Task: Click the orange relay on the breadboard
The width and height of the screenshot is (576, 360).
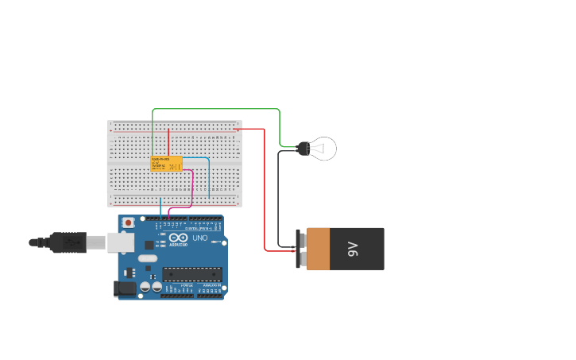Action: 166,163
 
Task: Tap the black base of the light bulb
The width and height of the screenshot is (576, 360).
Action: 303,148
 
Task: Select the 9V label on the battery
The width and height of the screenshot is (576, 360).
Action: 353,249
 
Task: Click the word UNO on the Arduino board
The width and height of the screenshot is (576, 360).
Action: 199,238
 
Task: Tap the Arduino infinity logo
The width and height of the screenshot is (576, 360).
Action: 178,238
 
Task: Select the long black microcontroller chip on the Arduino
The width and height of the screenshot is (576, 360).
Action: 192,274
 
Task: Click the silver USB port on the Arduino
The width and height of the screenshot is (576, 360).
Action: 122,242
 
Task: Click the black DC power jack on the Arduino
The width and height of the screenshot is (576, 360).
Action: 124,288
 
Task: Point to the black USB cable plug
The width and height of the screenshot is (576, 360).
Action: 68,242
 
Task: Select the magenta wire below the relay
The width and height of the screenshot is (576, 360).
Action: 192,191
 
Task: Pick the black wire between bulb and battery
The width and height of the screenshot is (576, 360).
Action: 278,199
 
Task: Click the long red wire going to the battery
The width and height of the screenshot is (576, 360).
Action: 265,191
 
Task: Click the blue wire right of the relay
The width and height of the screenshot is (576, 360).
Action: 209,179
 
